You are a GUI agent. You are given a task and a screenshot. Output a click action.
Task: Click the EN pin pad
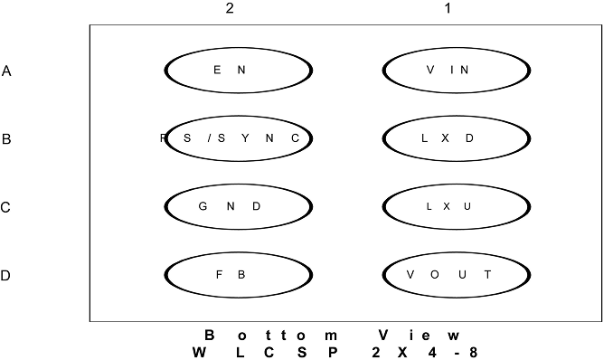tap(239, 71)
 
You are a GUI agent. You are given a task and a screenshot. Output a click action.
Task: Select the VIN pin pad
tap(457, 71)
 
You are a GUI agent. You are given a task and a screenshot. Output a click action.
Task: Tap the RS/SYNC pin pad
tap(239, 138)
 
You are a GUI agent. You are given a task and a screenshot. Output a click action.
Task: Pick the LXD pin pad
tap(457, 138)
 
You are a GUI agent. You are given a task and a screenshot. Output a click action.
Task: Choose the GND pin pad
tap(239, 206)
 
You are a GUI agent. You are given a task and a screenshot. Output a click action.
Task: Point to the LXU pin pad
tap(457, 206)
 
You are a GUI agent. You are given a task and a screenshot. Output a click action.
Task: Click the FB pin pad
tap(239, 275)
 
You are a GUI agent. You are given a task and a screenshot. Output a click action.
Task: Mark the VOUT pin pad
tap(457, 275)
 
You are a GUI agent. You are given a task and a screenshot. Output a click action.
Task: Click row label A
tap(6, 71)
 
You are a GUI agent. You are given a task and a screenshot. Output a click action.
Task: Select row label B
tap(6, 139)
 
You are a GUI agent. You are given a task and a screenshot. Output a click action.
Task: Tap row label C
tap(5, 207)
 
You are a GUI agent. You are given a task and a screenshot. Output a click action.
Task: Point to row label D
tap(5, 276)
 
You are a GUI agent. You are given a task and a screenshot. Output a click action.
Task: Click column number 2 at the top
tap(230, 8)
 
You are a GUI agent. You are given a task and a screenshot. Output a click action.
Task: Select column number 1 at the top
tap(448, 8)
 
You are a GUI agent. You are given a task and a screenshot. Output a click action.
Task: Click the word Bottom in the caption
tap(271, 336)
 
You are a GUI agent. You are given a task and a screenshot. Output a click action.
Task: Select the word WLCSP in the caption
tap(265, 353)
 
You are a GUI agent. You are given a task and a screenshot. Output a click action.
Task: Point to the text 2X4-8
tap(425, 353)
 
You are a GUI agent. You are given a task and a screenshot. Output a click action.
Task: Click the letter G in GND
tap(203, 206)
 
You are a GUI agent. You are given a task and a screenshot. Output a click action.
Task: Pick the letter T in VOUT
tap(488, 275)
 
